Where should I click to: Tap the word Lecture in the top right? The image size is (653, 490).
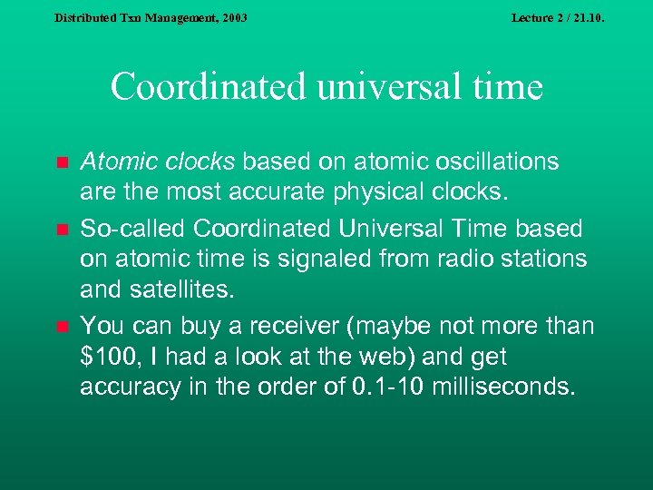tap(533, 17)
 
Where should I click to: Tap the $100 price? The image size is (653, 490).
tap(106, 357)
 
